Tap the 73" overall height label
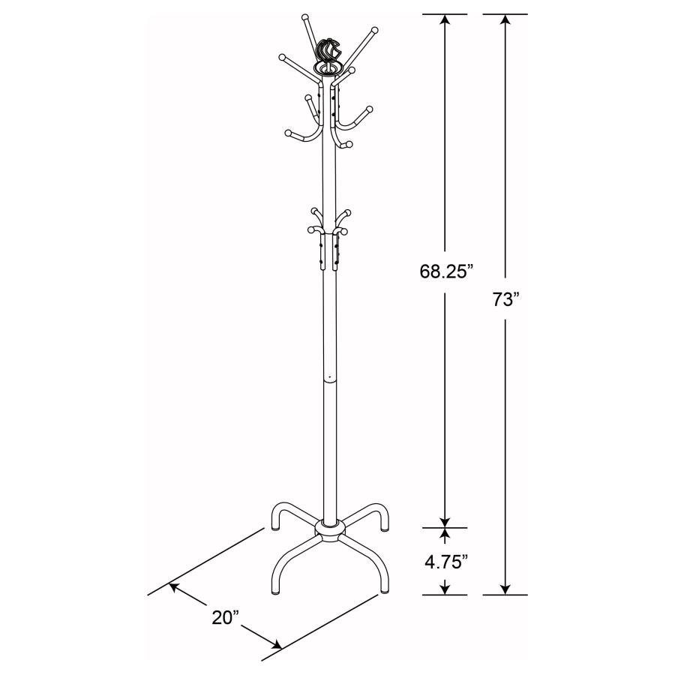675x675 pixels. coord(506,300)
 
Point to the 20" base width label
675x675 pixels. coord(224,616)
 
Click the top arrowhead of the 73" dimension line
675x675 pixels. coord(506,19)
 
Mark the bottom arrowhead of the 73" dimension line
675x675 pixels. coord(506,589)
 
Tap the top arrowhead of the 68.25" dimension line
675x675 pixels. coord(445,19)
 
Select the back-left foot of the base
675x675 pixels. coord(273,527)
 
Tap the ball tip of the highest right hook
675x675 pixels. coord(373,30)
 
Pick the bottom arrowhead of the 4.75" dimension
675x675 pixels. coord(445,589)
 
